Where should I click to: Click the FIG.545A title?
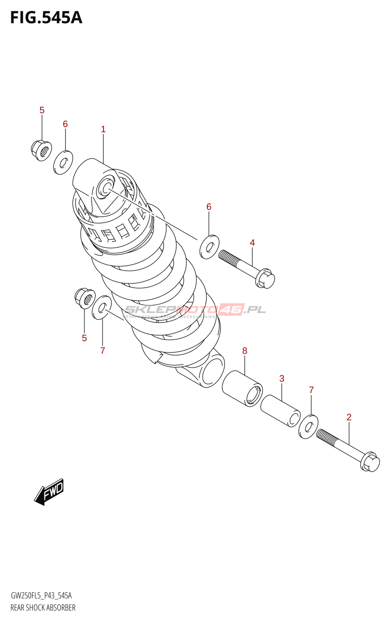[x=46, y=18]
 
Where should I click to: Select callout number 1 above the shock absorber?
[x=103, y=129]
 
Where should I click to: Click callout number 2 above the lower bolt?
[x=349, y=417]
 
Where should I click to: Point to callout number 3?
[x=282, y=378]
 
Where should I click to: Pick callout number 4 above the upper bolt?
[x=252, y=243]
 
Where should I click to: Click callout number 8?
[x=245, y=351]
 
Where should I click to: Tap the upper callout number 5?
[x=42, y=110]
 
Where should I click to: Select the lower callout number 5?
[x=84, y=338]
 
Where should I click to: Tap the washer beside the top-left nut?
[x=63, y=162]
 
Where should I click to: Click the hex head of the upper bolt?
[x=265, y=279]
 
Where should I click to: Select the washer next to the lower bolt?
[x=308, y=427]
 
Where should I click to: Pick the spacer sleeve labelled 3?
[x=280, y=411]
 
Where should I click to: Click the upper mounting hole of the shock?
[x=105, y=188]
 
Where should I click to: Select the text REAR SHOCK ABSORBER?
[x=43, y=608]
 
